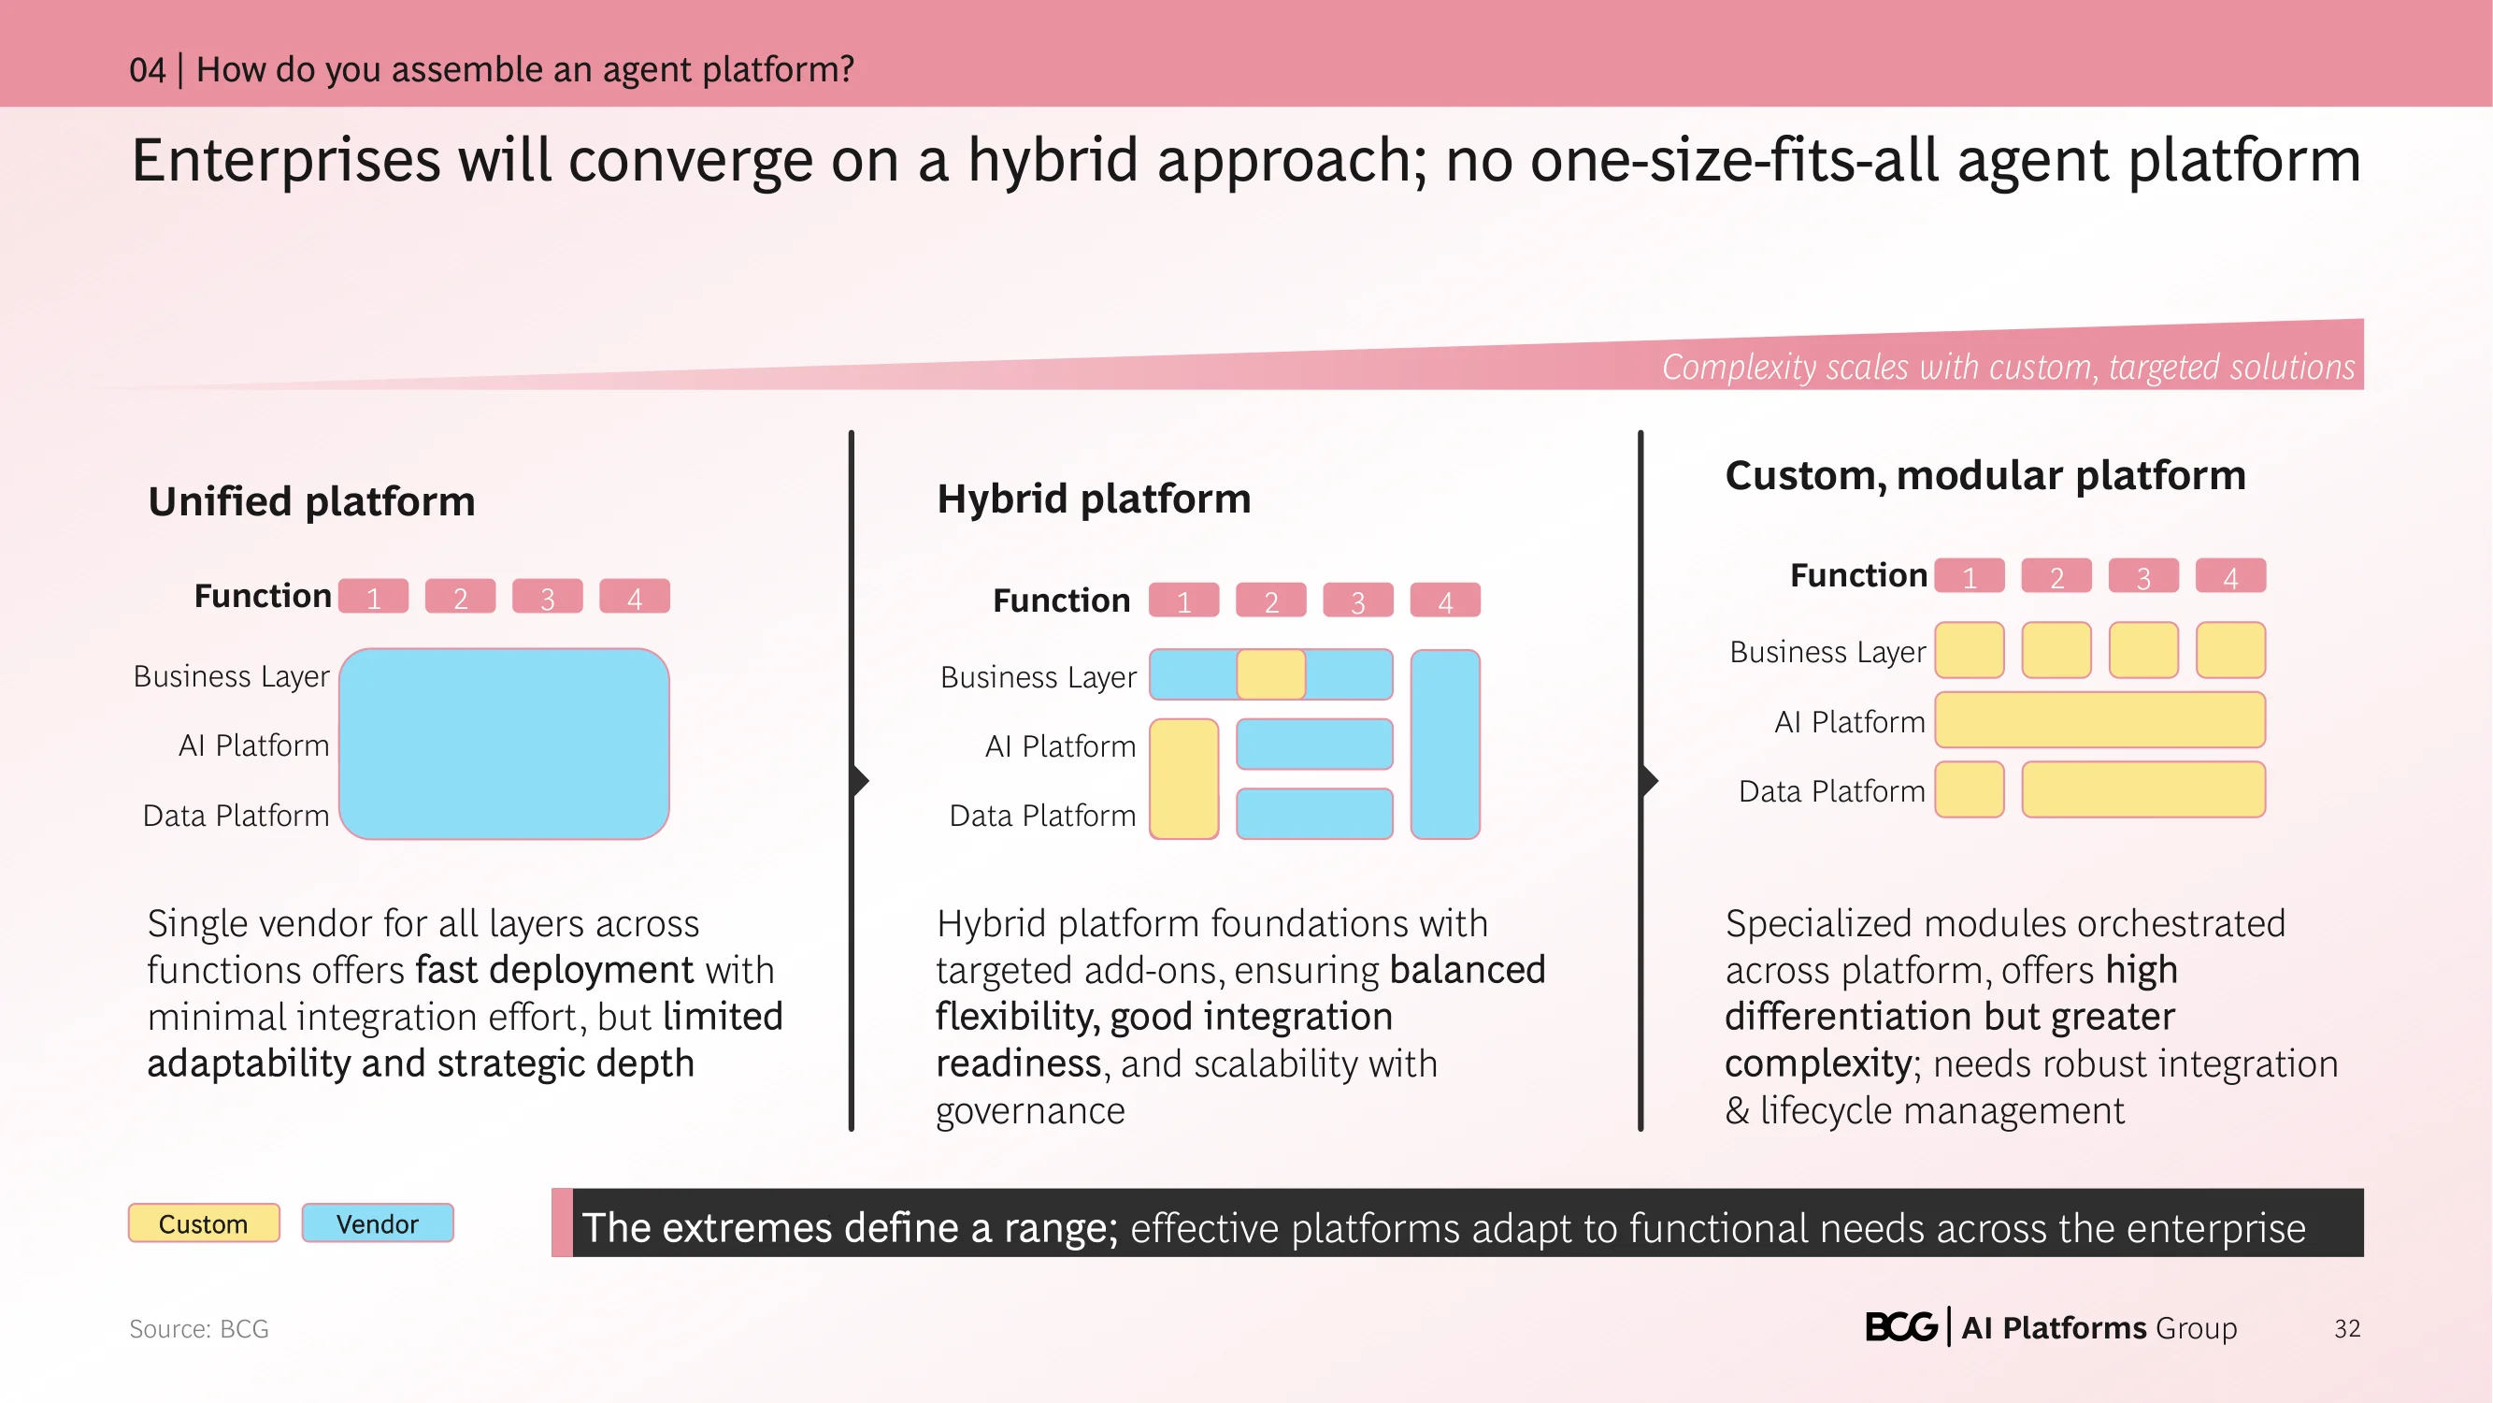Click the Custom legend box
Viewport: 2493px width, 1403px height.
pyautogui.click(x=204, y=1222)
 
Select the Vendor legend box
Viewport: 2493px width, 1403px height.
pyautogui.click(x=378, y=1222)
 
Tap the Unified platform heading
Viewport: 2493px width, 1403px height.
pyautogui.click(x=311, y=501)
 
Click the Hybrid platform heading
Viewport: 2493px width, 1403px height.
pyautogui.click(x=1094, y=499)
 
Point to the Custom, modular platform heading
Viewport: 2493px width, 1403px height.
pyautogui.click(x=1984, y=475)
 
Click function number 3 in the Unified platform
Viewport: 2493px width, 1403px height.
pyautogui.click(x=548, y=597)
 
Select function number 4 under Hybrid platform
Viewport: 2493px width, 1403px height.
pyautogui.click(x=1446, y=600)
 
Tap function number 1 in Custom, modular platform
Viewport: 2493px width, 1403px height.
pyautogui.click(x=1970, y=576)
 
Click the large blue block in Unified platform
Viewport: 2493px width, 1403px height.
pyautogui.click(x=504, y=744)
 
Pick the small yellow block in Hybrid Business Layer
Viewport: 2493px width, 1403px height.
pyautogui.click(x=1271, y=673)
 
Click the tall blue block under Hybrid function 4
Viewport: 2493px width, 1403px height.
pyautogui.click(x=1446, y=744)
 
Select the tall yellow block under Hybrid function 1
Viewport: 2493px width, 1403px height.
pyautogui.click(x=1184, y=778)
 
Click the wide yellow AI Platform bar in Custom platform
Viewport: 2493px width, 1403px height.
pyautogui.click(x=2100, y=719)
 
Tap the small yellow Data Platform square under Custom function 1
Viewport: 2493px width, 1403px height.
pyautogui.click(x=1970, y=789)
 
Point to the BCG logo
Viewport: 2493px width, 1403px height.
pyautogui.click(x=1901, y=1326)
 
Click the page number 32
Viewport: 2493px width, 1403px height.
pyautogui.click(x=2347, y=1328)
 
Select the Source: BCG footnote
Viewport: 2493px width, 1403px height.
pyautogui.click(x=199, y=1328)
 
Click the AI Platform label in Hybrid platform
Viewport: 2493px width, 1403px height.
pyautogui.click(x=1061, y=746)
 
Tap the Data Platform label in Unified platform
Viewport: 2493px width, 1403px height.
pyautogui.click(x=236, y=816)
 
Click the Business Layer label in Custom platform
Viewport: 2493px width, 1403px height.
pyautogui.click(x=1828, y=652)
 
